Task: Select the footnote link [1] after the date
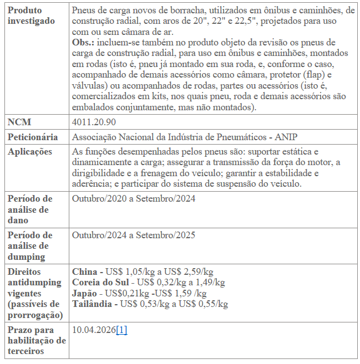click(x=121, y=330)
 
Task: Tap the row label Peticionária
click(x=33, y=137)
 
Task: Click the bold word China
click(x=85, y=272)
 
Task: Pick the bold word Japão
click(x=85, y=293)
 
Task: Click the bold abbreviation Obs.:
click(x=83, y=43)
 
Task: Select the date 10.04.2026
click(x=94, y=330)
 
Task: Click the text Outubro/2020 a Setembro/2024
click(x=134, y=199)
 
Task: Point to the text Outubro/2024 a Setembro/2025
click(x=134, y=235)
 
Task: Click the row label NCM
click(x=19, y=122)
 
